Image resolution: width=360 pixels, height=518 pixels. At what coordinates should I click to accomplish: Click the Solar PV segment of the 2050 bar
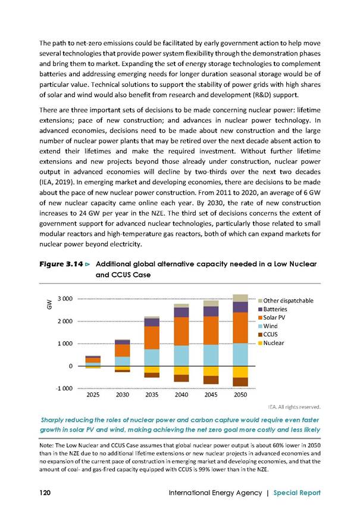240,327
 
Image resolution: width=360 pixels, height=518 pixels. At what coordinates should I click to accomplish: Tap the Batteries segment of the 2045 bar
211,311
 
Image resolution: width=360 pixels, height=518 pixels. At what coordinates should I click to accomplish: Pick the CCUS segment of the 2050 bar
240,382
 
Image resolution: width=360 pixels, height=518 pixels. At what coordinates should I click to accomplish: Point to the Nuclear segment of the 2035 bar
152,369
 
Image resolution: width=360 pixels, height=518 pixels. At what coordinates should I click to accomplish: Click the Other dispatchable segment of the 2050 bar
240,298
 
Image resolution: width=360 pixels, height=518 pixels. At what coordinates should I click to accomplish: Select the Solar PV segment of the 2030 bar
123,351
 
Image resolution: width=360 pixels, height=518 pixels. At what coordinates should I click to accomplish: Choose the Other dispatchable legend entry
286,301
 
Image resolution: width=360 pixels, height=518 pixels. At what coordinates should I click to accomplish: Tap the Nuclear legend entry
271,343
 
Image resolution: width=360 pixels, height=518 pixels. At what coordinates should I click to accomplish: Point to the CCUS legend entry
268,335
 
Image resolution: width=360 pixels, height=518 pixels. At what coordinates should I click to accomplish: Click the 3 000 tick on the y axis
65,299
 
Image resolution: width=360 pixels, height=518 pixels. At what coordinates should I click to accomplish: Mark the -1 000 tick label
64,388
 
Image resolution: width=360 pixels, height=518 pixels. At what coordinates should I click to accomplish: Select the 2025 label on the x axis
93,395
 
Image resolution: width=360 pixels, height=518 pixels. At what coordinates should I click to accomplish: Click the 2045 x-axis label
211,395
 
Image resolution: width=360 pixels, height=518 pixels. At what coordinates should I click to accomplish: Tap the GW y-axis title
49,304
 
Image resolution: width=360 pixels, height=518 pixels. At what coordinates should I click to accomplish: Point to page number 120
45,492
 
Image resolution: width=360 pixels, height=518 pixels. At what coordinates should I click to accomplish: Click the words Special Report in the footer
297,493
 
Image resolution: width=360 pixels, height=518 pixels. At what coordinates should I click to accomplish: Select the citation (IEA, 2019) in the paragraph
57,182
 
